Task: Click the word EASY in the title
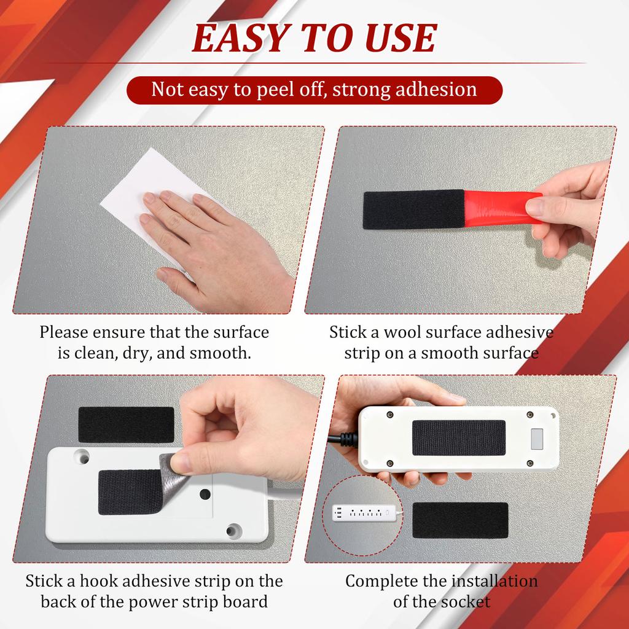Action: pos(237,38)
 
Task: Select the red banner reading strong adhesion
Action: pos(314,90)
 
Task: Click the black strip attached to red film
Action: pos(413,209)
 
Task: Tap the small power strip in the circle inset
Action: pos(362,512)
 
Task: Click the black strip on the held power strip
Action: pos(458,437)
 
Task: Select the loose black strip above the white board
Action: pos(126,424)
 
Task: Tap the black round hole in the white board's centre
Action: pos(205,494)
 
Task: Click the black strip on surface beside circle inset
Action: pos(460,520)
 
